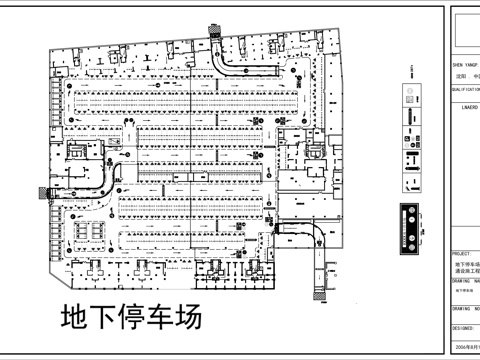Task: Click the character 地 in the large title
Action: point(75,318)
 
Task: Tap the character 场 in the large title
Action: point(188,318)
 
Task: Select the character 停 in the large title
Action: point(132,318)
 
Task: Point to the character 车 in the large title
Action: point(160,318)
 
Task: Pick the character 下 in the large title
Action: point(103,318)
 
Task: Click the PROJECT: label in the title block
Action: point(462,254)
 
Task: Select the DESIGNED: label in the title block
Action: point(464,327)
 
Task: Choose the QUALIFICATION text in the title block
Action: point(466,88)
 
